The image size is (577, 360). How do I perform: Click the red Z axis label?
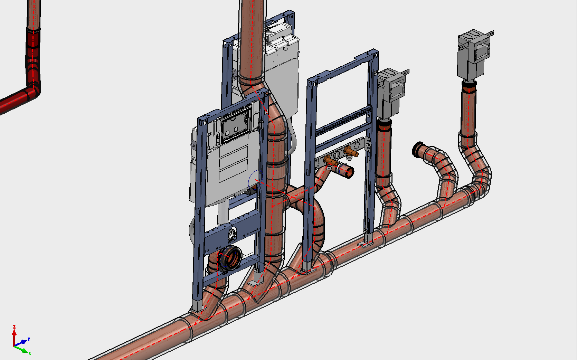(15, 327)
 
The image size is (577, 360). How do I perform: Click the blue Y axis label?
(29, 339)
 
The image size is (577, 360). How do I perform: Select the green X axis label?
(30, 353)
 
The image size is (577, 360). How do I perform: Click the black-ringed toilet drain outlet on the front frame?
(230, 258)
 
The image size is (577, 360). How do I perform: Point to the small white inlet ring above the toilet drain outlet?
(232, 234)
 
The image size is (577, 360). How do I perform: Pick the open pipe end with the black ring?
(417, 149)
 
